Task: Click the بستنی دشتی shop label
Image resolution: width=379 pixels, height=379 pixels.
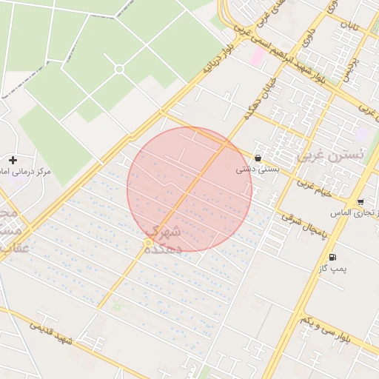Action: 252,169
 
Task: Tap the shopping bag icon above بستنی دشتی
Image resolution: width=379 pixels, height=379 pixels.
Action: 257,158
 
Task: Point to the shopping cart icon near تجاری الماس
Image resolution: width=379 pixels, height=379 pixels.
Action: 359,202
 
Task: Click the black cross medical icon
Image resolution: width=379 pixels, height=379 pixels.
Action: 13,160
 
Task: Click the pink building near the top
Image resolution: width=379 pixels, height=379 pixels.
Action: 258,56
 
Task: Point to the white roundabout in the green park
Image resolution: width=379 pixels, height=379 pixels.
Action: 119,70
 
